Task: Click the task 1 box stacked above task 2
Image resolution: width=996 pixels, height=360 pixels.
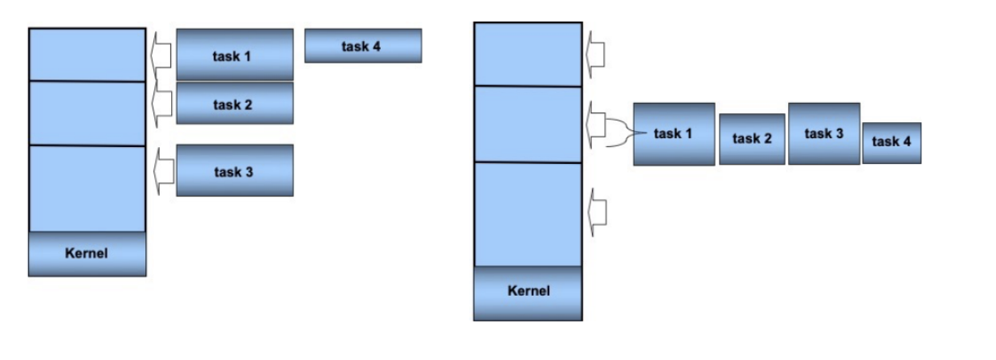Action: click(x=235, y=55)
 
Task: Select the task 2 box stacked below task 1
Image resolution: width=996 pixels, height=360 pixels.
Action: click(x=235, y=104)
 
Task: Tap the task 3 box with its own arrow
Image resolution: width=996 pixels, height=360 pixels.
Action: click(x=235, y=170)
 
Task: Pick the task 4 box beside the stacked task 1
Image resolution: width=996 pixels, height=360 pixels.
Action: click(x=363, y=46)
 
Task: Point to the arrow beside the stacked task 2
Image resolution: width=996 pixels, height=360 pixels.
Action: click(x=162, y=102)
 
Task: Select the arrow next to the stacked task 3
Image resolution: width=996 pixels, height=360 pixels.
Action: click(x=162, y=170)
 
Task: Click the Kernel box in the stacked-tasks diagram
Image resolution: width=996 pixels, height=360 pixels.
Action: click(x=87, y=254)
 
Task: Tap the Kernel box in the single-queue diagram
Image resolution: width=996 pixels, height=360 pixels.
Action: click(x=528, y=292)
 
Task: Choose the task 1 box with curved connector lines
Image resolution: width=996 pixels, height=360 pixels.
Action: click(x=674, y=134)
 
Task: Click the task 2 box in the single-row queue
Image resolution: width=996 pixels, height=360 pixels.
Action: click(x=752, y=139)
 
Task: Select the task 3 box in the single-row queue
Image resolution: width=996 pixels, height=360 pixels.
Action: click(x=824, y=134)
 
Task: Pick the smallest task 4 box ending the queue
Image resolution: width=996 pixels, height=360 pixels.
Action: click(x=892, y=142)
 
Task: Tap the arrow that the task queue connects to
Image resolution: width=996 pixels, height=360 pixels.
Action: click(x=596, y=125)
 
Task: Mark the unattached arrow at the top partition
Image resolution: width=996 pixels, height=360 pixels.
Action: click(x=596, y=55)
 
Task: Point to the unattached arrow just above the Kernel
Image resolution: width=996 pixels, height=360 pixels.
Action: click(x=596, y=212)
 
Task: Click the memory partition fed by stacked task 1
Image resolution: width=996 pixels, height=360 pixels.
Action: click(x=87, y=55)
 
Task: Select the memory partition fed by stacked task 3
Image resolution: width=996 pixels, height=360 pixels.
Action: click(x=87, y=188)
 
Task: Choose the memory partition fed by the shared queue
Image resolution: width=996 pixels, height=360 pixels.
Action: click(x=528, y=124)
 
